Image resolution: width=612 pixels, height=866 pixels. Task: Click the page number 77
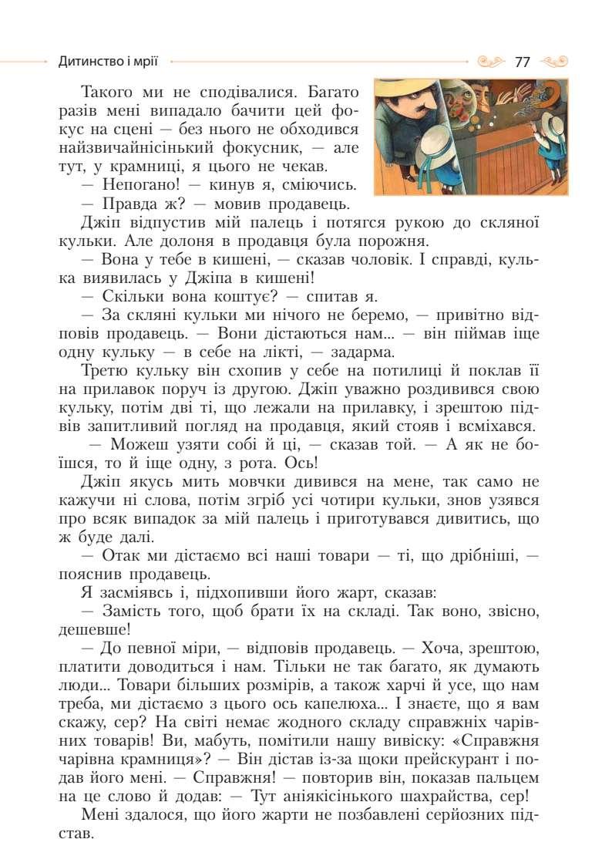click(523, 62)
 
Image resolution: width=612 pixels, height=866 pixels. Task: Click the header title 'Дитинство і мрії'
click(113, 60)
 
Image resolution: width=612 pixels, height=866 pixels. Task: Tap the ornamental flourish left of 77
click(493, 61)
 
